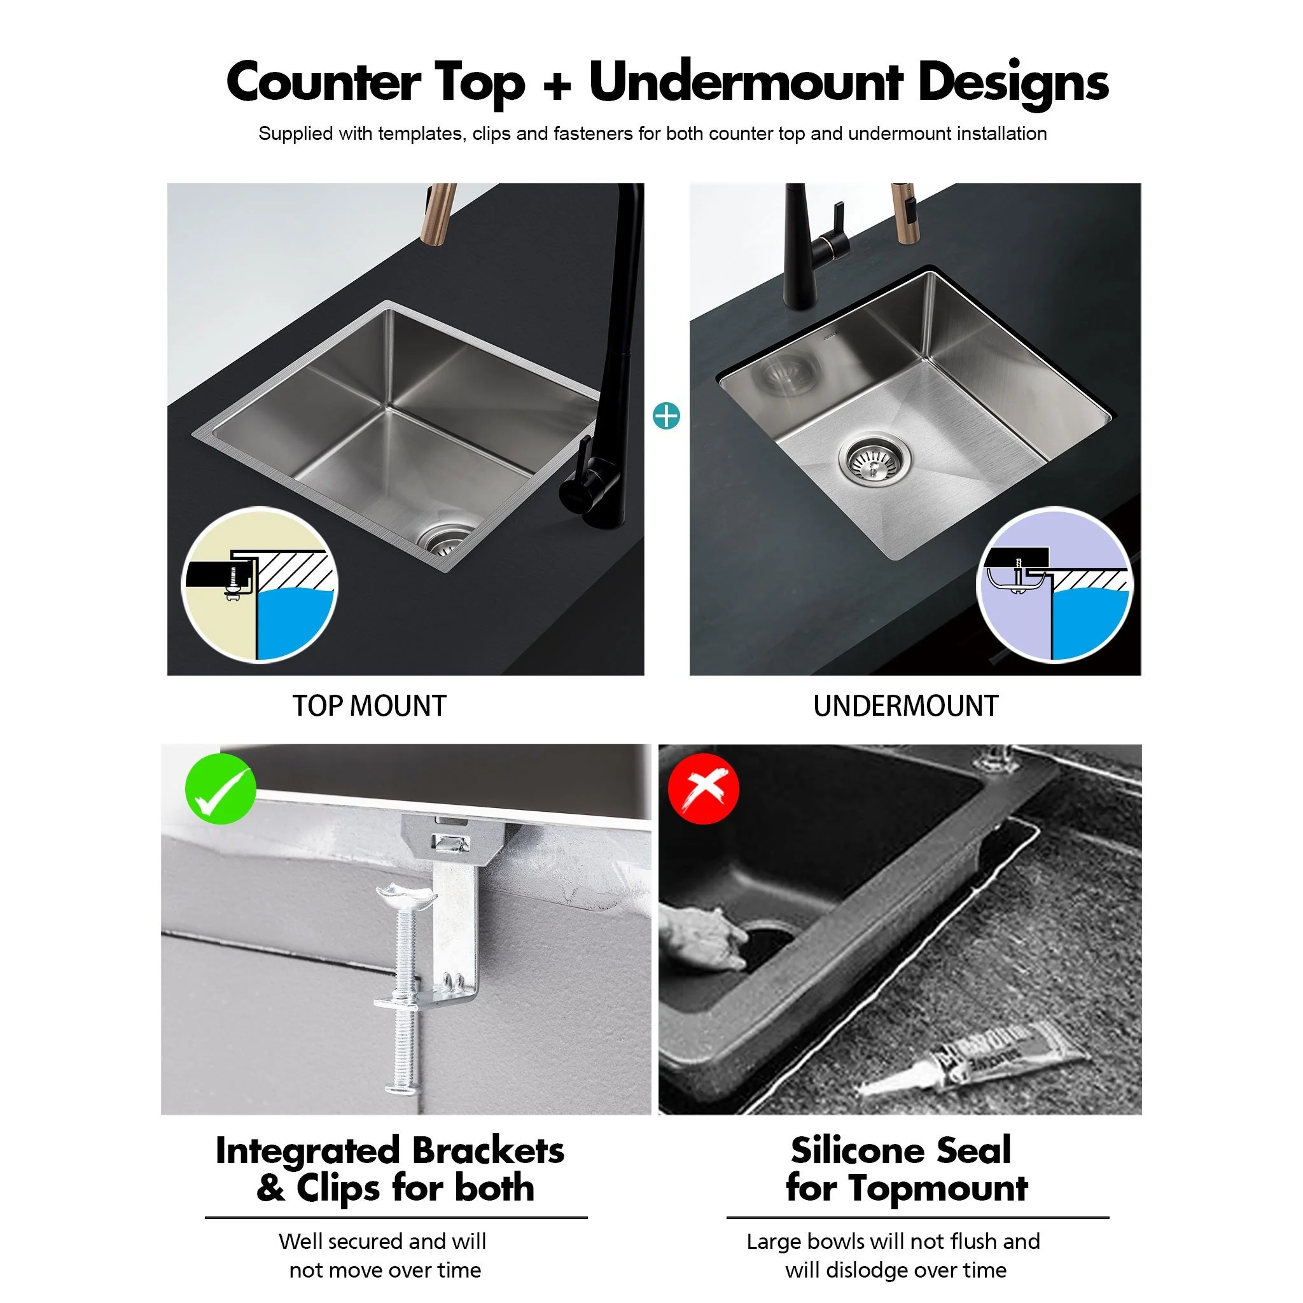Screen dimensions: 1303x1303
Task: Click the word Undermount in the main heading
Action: point(745,82)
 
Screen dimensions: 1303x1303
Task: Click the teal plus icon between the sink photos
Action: point(666,416)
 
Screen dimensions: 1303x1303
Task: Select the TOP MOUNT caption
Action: point(369,706)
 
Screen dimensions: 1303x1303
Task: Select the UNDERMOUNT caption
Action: point(905,706)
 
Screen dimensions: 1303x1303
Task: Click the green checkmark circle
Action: point(221,788)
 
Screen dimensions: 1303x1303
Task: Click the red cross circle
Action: point(703,788)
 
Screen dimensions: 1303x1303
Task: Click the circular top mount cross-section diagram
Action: point(260,585)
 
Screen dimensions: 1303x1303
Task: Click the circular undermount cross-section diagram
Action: point(1055,585)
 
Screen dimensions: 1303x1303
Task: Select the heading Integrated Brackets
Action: point(389,1150)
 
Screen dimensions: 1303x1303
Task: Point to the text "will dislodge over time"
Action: point(895,1270)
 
